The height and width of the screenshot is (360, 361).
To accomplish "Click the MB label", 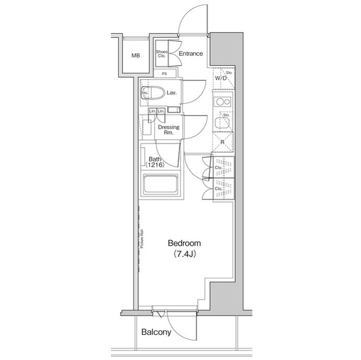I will coord(135,56).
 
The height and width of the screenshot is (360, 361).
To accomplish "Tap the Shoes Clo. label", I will coord(162,55).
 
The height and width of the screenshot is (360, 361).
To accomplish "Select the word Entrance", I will coord(191,55).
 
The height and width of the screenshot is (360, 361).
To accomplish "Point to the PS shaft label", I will coord(164,73).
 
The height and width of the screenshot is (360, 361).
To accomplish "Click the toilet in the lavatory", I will coord(155,92).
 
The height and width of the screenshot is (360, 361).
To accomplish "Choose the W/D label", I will coord(221,78).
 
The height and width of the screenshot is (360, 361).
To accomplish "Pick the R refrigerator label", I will coord(222,143).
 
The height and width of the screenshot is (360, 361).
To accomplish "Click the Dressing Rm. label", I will coord(168,130).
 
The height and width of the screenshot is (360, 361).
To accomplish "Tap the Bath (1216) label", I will coord(154,162).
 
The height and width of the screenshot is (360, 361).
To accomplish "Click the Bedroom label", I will coord(184,243).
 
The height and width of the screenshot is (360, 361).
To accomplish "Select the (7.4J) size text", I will coord(184,255).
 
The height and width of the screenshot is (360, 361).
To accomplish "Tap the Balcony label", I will coord(156,332).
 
